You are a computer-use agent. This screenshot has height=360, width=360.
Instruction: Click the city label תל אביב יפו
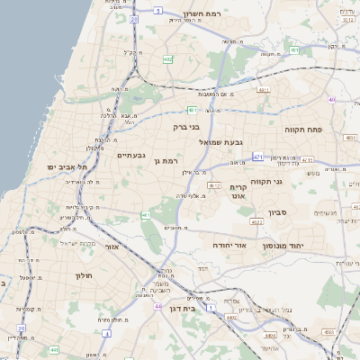pyautogui.click(x=67, y=166)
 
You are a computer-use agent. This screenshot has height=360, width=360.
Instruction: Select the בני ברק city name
pyautogui.click(x=185, y=127)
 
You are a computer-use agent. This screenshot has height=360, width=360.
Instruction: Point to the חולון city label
pyautogui.click(x=85, y=274)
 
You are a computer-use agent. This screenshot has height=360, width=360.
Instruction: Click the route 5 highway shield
pyautogui.click(x=156, y=11)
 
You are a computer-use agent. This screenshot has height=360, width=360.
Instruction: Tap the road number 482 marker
pyautogui.click(x=167, y=59)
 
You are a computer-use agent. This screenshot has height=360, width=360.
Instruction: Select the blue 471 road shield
pyautogui.click(x=258, y=157)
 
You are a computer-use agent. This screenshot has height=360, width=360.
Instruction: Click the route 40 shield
pyautogui.click(x=332, y=99)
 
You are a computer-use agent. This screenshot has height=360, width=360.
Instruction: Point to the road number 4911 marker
pyautogui.click(x=265, y=90)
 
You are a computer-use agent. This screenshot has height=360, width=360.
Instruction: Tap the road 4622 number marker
pyautogui.click(x=256, y=220)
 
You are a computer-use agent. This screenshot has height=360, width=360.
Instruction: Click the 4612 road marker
pyautogui.click(x=214, y=185)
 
